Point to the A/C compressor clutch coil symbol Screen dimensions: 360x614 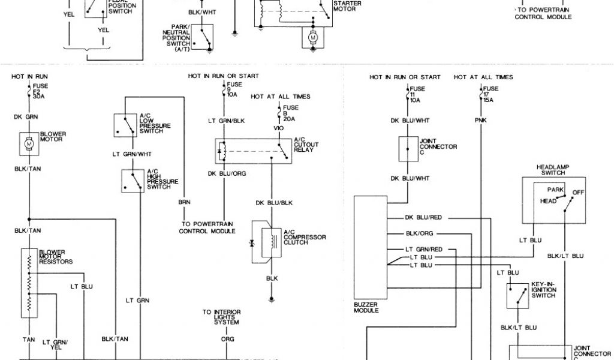tap(266, 241)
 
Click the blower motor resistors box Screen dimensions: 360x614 tap(28, 282)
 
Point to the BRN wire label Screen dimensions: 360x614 tap(183, 202)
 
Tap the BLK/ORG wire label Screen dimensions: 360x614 tap(419, 233)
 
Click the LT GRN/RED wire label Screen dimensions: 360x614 tap(424, 248)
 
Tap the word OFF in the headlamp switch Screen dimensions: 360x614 tap(578, 192)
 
